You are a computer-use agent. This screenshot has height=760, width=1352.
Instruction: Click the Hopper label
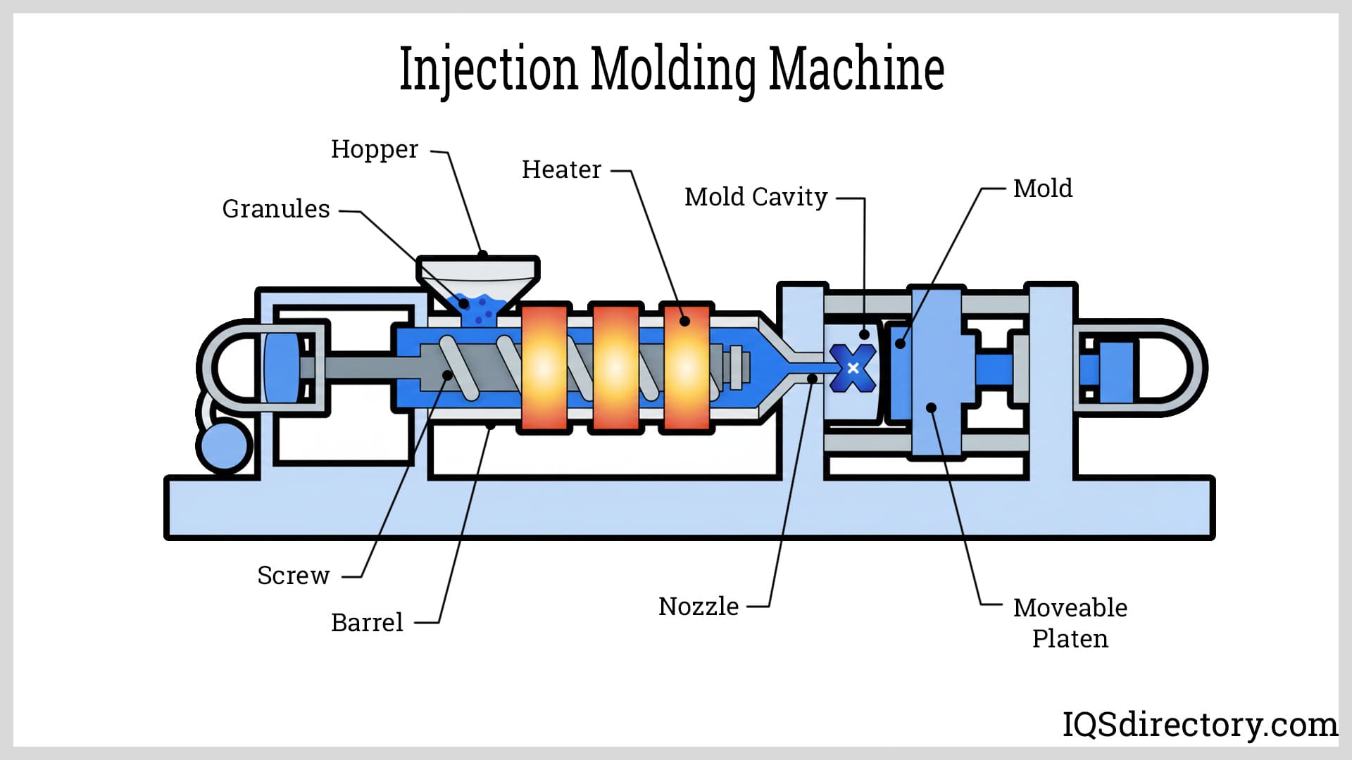[x=374, y=150]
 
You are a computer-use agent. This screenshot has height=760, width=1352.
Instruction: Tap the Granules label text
[x=276, y=209]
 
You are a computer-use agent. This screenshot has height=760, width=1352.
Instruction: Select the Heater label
[x=561, y=170]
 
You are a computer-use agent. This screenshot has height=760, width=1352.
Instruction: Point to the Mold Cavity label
[x=756, y=197]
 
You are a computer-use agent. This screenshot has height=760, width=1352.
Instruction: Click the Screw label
[x=293, y=576]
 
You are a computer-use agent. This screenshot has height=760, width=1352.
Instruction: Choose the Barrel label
[x=367, y=623]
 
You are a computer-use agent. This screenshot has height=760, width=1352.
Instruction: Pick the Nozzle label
[x=699, y=607]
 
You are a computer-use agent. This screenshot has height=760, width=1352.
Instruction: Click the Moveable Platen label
[x=1070, y=623]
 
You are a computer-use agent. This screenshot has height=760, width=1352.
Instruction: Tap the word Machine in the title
[x=856, y=69]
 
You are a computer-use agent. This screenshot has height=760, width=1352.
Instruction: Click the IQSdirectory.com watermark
[x=1199, y=724]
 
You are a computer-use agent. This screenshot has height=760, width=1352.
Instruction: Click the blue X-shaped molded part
[x=853, y=368]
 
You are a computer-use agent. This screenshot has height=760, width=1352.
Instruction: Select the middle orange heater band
[x=616, y=367]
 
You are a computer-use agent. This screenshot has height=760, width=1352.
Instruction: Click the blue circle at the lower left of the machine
[x=223, y=445]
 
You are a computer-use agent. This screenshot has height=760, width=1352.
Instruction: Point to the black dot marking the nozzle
[x=812, y=379]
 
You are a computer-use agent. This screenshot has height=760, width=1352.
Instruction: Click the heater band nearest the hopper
[x=544, y=367]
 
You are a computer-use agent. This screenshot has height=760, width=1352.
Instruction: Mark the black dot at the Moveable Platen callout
[x=931, y=407]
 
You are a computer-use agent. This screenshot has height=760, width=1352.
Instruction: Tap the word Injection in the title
[x=488, y=69]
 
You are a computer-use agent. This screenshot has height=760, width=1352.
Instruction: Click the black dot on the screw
[x=447, y=375]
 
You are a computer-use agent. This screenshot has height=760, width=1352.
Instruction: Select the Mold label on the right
[x=1042, y=189]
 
